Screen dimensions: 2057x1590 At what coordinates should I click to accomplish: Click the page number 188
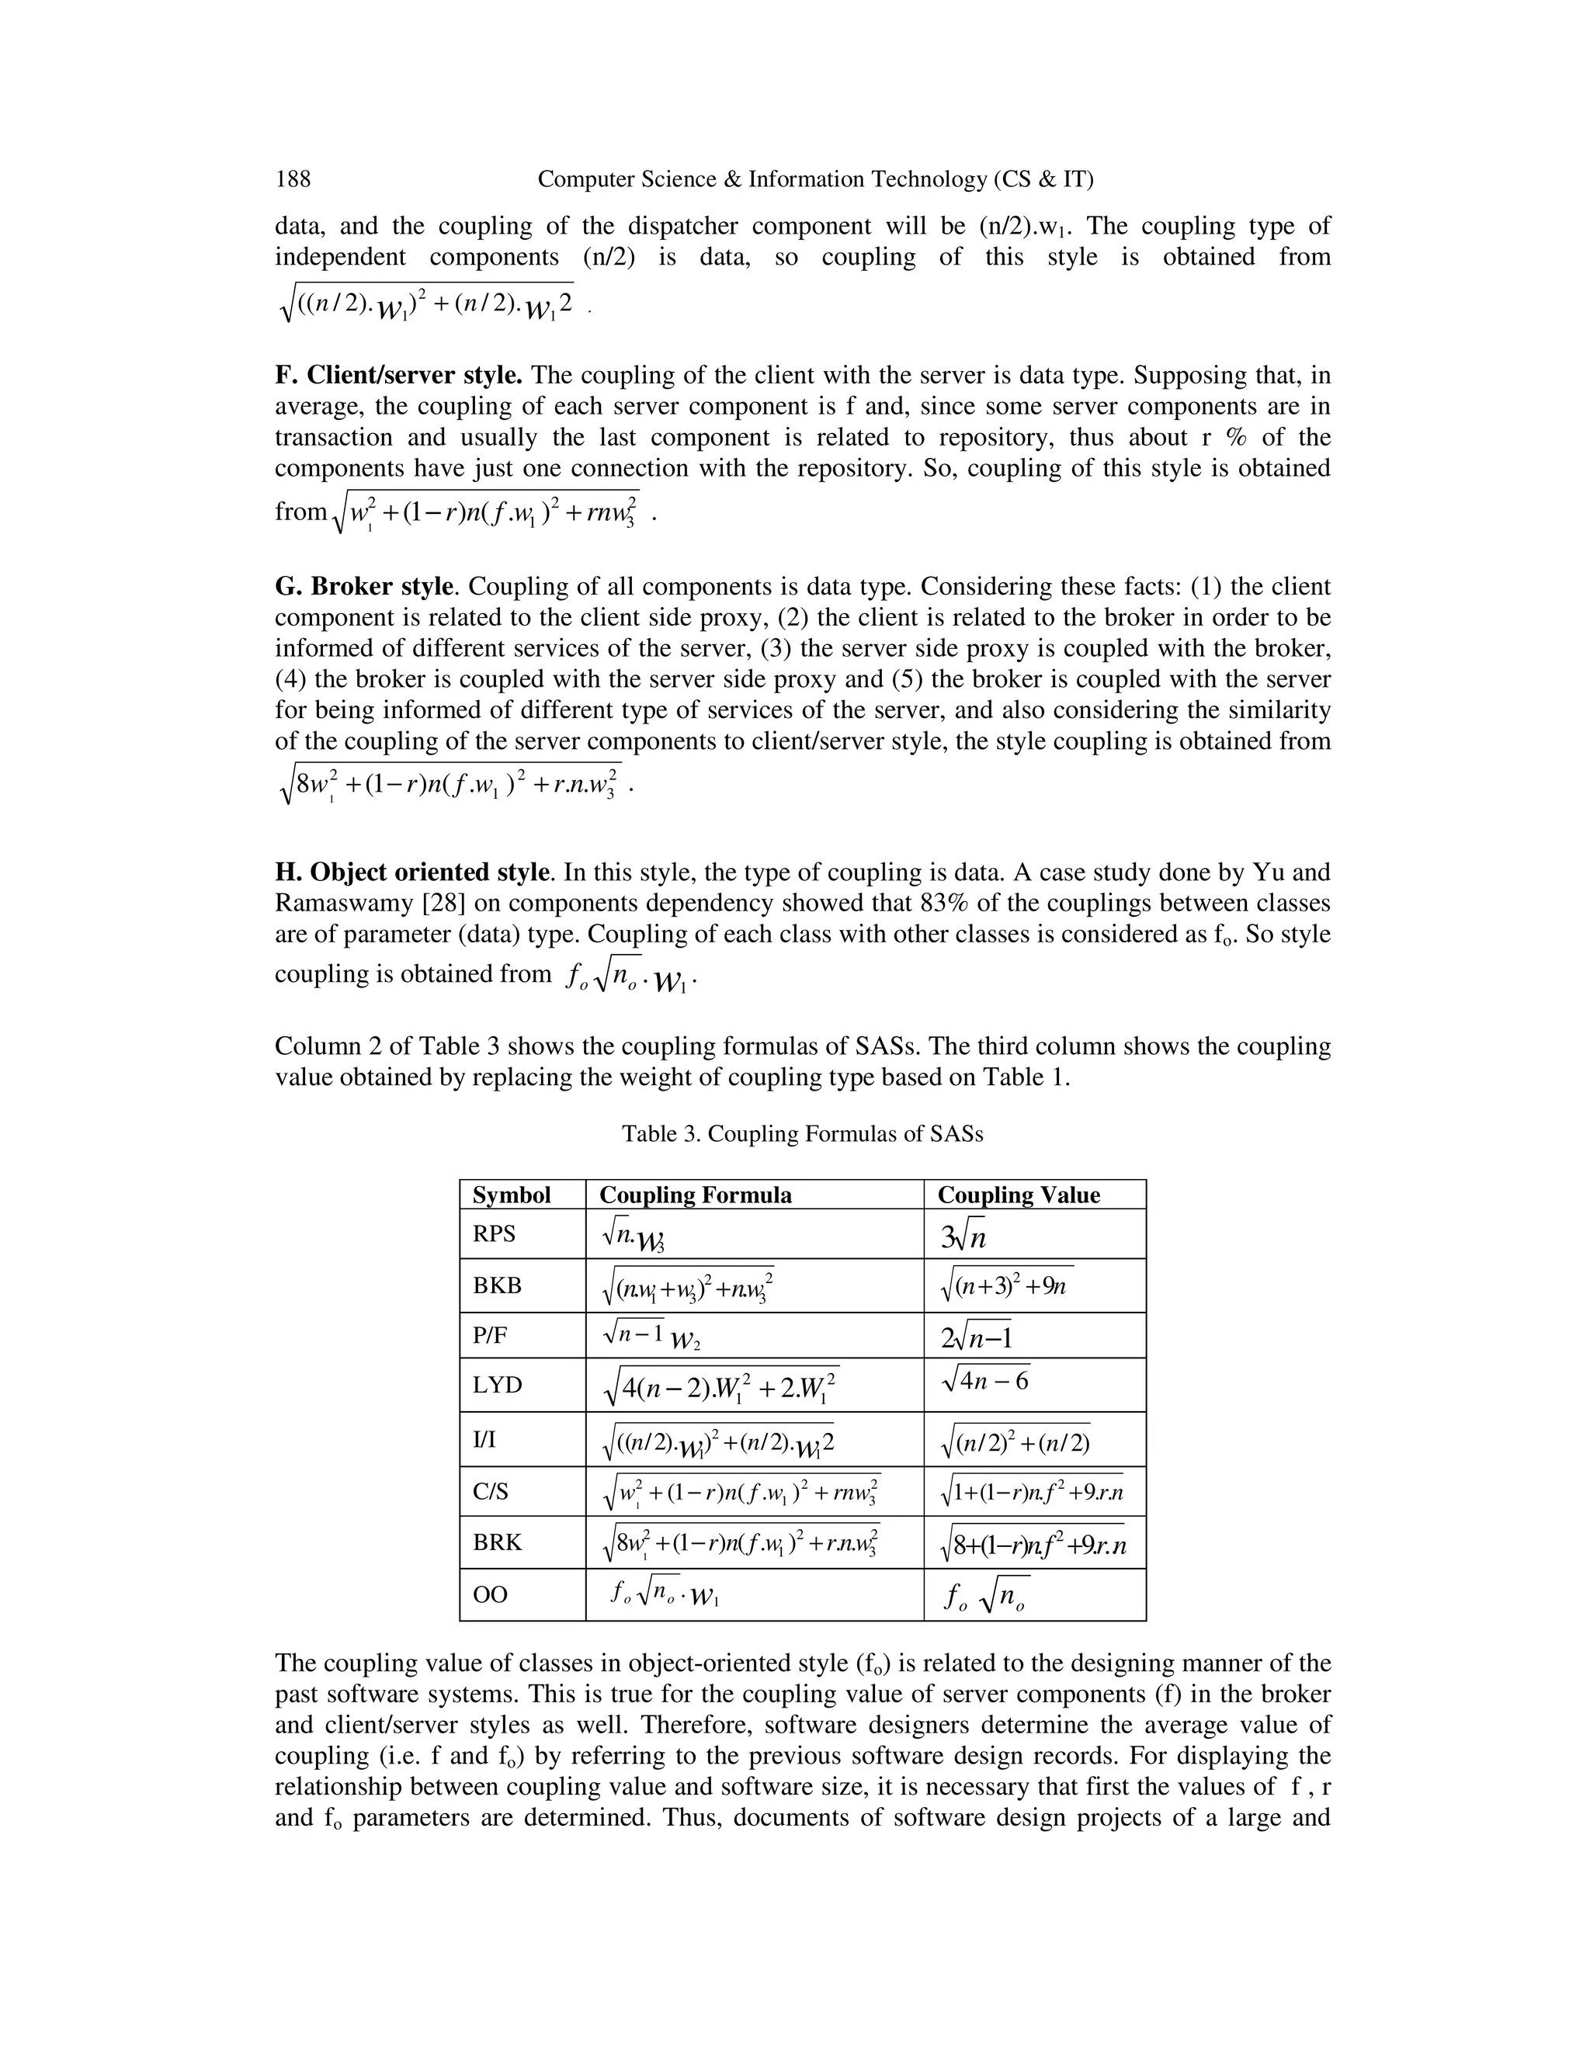292,179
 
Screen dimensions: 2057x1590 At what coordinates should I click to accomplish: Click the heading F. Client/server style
398,376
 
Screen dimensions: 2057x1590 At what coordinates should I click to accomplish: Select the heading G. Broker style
366,587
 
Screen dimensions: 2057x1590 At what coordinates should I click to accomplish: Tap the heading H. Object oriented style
411,872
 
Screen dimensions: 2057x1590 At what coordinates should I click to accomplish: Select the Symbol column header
512,1195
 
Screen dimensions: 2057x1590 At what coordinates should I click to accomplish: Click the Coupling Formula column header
695,1195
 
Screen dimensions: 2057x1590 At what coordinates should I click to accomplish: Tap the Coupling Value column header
1019,1195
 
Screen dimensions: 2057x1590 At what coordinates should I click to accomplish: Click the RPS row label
494,1234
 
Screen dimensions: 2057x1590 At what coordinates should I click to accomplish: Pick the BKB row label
495,1285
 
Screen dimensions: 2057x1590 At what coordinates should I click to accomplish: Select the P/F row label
491,1334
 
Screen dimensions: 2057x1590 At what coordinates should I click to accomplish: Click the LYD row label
496,1385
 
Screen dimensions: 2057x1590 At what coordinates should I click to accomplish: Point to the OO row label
490,1594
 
